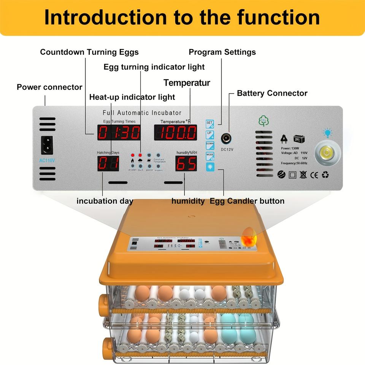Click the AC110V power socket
pyautogui.click(x=47, y=145)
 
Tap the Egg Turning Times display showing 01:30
pyautogui.click(x=119, y=133)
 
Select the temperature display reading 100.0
pyautogui.click(x=175, y=133)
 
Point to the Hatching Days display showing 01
pyautogui.click(x=108, y=163)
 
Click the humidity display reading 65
pyautogui.click(x=186, y=163)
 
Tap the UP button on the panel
pyautogui.click(x=210, y=134)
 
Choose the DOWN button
pyautogui.click(x=210, y=145)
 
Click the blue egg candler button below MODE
pyautogui.click(x=210, y=166)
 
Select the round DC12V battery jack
pyautogui.click(x=227, y=138)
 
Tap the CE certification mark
pyautogui.click(x=314, y=175)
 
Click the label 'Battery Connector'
pyautogui.click(x=272, y=93)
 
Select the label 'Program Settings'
pyautogui.click(x=222, y=52)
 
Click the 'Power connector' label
pyautogui.click(x=49, y=87)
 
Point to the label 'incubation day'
pyautogui.click(x=105, y=201)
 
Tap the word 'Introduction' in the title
pyautogui.click(x=105, y=17)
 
